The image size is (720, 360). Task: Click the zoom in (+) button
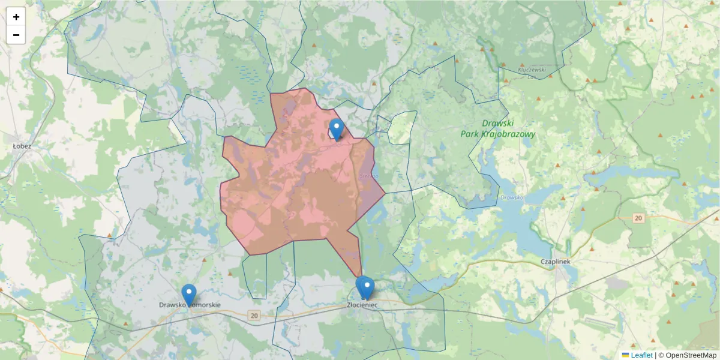16,17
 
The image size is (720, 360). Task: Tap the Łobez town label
22,146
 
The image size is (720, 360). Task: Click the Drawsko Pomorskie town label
190,305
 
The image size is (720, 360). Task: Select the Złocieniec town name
362,305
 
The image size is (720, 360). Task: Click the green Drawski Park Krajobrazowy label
497,129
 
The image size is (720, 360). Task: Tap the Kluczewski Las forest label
532,73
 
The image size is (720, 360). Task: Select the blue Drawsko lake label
512,197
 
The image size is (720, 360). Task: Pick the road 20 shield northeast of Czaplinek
638,218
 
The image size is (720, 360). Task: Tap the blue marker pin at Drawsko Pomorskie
189,295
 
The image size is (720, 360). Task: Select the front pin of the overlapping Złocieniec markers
367,288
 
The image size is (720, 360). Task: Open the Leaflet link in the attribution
641,355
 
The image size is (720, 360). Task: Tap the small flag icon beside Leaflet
625,355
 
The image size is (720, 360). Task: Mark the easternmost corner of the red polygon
385,193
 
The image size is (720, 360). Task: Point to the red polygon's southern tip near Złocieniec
361,277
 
